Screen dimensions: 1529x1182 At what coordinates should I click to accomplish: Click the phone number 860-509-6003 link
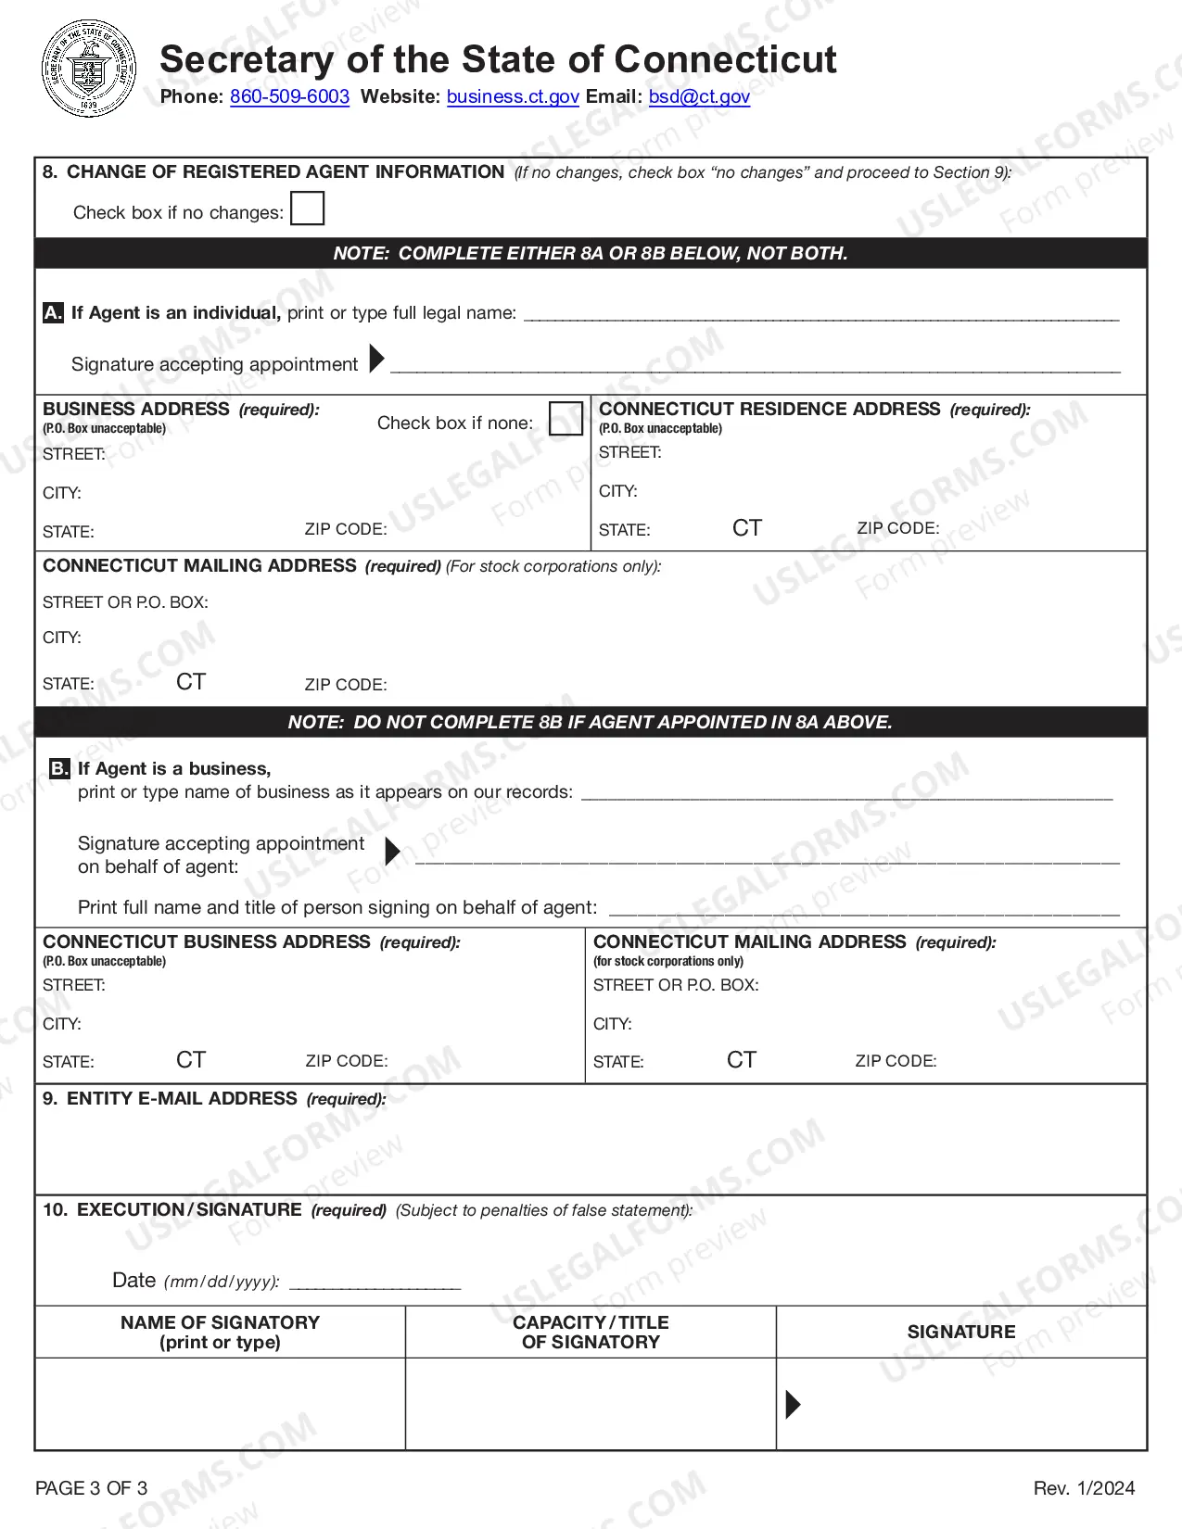point(289,97)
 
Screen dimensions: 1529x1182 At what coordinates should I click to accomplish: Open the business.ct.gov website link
point(513,97)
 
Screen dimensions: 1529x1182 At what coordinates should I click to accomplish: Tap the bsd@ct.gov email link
point(699,97)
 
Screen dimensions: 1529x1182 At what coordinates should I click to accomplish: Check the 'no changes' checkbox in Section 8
point(307,208)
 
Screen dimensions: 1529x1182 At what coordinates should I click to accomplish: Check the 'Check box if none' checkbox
point(566,419)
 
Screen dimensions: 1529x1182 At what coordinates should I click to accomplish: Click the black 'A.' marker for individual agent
point(54,313)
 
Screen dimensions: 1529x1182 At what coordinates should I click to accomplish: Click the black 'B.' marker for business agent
point(59,769)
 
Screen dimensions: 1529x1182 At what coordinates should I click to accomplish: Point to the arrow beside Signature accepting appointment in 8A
point(376,359)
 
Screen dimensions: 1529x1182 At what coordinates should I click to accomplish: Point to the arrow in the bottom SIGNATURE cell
point(793,1405)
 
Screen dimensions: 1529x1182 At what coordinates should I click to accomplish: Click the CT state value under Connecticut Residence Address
point(746,528)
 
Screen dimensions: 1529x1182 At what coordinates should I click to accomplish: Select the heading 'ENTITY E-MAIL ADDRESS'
point(182,1099)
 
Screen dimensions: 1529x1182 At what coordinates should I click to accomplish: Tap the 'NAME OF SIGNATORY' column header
point(220,1332)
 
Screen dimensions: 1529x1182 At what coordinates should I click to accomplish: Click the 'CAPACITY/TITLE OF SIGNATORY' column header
point(591,1332)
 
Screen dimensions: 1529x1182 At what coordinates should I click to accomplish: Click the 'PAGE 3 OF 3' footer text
point(91,1488)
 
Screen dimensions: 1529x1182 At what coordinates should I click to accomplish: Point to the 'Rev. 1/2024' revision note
point(1084,1488)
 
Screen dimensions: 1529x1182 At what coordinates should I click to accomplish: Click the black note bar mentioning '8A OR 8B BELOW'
point(591,254)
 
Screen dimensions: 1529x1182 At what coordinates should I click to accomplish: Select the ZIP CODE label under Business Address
point(345,530)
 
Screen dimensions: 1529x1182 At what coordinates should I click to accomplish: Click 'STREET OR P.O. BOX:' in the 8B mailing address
point(676,985)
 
